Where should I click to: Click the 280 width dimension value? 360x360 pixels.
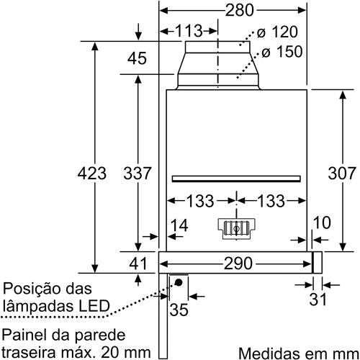[x=239, y=10]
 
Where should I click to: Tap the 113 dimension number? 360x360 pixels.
[x=189, y=31]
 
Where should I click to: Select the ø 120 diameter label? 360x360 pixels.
[x=277, y=32]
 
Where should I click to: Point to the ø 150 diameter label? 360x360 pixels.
[x=282, y=52]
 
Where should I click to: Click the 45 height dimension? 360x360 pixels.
[x=137, y=58]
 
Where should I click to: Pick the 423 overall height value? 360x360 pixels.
[x=92, y=174]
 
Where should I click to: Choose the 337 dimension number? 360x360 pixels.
[x=138, y=174]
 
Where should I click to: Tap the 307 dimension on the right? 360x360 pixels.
[x=342, y=174]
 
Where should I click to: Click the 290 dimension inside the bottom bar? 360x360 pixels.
[x=238, y=264]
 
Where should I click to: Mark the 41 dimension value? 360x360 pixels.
[x=138, y=264]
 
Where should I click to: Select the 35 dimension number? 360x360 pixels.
[x=179, y=310]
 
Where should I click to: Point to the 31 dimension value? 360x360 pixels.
[x=318, y=299]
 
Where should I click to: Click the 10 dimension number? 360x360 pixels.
[x=322, y=222]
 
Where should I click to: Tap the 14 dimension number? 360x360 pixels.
[x=179, y=225]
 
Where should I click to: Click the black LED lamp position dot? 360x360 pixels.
[x=179, y=282]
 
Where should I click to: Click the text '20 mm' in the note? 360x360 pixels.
[x=126, y=353]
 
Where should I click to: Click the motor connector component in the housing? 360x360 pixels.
[x=236, y=228]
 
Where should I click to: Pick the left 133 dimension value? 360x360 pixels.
[x=200, y=201]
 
